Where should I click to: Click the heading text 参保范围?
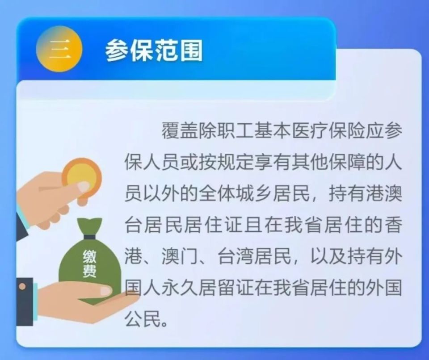(x=154, y=50)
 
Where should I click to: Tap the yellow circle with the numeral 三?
(x=59, y=49)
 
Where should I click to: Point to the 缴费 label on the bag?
(x=89, y=264)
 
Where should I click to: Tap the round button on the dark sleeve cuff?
(x=22, y=286)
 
